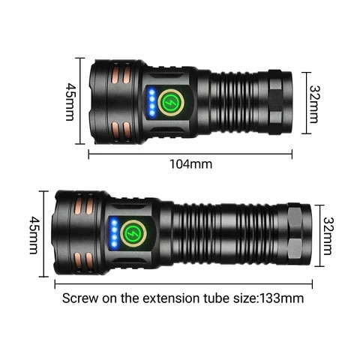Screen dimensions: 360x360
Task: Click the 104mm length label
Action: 190,164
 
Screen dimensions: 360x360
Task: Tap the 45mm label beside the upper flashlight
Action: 70,102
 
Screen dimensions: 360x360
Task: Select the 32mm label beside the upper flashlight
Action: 314,104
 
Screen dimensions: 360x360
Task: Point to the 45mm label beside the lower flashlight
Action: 34,235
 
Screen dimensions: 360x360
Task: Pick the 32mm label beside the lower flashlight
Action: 328,236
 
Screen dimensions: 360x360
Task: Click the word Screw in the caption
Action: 80,298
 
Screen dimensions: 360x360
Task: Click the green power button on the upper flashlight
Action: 171,103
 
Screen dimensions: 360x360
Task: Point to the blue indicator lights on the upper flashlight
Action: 151,102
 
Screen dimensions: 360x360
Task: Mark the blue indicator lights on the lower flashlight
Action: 114,233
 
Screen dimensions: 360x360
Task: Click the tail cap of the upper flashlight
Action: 280,102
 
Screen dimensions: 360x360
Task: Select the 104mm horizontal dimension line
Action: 190,154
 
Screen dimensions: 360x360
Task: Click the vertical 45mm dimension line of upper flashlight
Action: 80,100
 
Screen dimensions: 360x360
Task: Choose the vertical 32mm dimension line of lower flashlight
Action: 319,235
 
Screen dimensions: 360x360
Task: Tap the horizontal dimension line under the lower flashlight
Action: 184,284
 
